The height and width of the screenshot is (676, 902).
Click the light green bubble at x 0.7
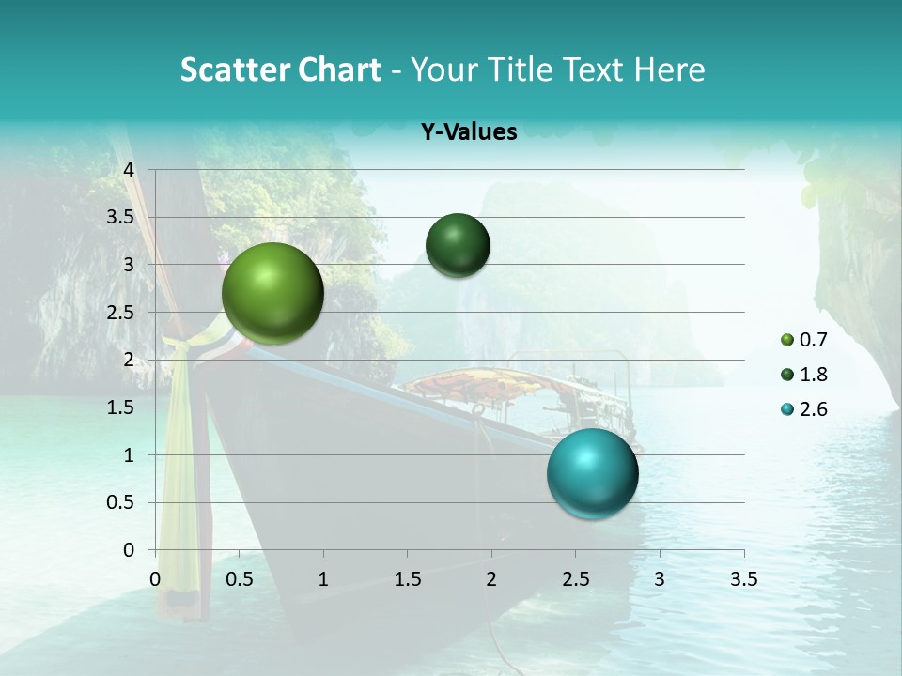tap(272, 293)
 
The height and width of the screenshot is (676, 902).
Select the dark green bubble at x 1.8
tap(458, 246)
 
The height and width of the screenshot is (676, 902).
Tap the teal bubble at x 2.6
tap(593, 472)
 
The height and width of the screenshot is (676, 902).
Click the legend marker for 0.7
tap(786, 339)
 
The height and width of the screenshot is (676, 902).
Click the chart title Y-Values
tap(469, 132)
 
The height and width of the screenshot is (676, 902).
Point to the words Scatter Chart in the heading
tap(280, 69)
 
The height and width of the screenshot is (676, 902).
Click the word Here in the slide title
tap(669, 69)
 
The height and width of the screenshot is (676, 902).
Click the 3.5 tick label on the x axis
tap(743, 579)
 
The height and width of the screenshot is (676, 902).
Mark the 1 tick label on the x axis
tap(323, 579)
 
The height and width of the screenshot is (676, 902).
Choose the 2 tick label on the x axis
tap(491, 579)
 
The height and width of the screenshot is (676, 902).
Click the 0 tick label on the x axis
tap(155, 579)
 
